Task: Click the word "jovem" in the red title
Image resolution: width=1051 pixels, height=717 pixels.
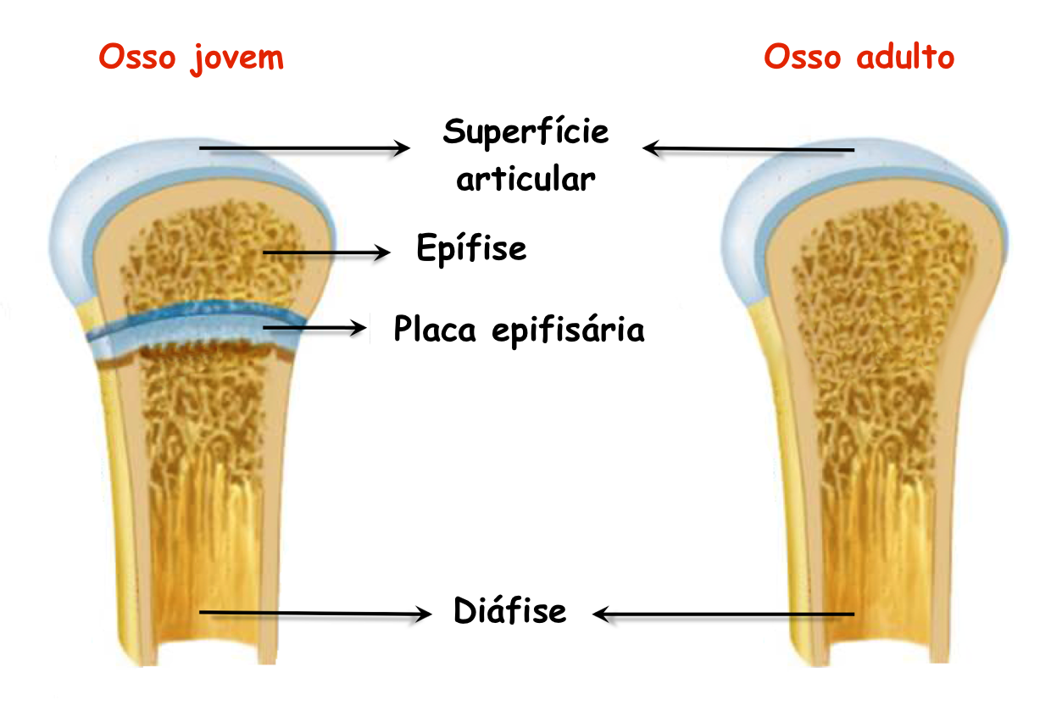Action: [237, 59]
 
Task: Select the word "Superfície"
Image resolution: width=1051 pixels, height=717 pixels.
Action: [526, 132]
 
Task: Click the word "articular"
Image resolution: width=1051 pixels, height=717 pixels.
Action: [525, 179]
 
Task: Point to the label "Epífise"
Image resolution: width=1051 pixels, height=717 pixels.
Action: [471, 247]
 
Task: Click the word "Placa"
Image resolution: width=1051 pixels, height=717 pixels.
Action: [435, 329]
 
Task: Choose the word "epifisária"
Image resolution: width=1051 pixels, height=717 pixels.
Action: [568, 330]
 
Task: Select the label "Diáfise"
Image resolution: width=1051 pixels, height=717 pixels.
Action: [510, 610]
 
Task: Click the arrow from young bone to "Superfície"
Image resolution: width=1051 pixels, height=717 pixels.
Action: [304, 148]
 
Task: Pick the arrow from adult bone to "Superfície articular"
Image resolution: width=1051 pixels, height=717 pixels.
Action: [748, 149]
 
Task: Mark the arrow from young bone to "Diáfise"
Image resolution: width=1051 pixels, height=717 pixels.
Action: [315, 613]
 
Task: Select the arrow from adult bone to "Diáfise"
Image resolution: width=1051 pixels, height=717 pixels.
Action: [723, 614]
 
